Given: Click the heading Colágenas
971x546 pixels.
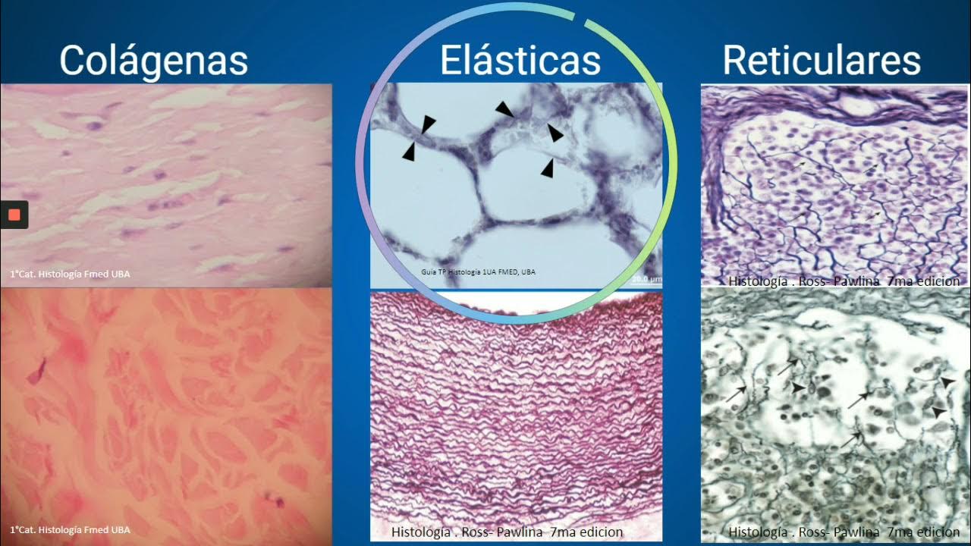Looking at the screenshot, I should (x=153, y=61).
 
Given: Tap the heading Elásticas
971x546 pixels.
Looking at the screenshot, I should (x=520, y=61).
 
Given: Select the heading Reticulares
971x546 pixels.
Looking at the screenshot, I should (x=822, y=61).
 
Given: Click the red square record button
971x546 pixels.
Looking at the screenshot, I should (x=14, y=215).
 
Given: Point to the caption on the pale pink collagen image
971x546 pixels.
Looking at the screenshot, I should (x=70, y=274).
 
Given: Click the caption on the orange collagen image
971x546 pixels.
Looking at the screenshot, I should (x=70, y=529).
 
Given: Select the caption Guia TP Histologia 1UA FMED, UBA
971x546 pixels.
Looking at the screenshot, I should (x=477, y=271).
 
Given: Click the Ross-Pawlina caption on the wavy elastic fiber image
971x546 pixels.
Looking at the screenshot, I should (x=507, y=532).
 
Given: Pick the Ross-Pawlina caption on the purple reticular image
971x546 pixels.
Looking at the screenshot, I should (x=844, y=281).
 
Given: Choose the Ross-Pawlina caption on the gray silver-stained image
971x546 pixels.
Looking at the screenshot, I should (x=844, y=532).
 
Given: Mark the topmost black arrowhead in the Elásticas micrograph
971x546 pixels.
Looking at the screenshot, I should (x=504, y=110).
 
